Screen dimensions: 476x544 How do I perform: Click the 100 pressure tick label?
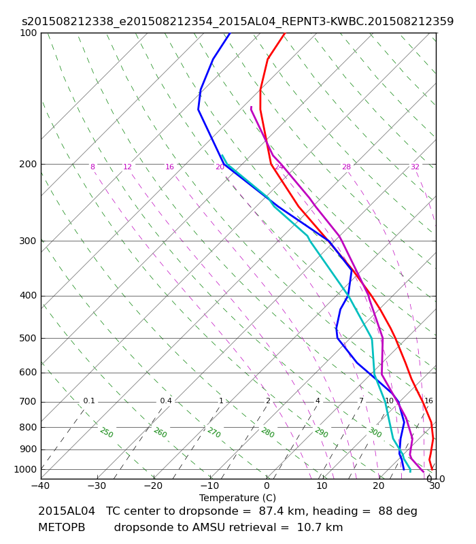tap(28, 33)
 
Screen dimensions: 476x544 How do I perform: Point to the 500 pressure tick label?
tap(28, 338)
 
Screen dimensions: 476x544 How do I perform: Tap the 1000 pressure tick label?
tap(25, 470)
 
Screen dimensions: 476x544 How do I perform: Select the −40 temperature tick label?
tap(41, 486)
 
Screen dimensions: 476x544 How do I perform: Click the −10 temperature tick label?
tap(210, 486)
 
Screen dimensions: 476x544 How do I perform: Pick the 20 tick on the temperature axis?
tap(379, 486)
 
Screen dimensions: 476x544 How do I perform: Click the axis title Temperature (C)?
tap(237, 498)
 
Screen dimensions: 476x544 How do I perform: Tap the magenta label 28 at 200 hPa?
tap(347, 167)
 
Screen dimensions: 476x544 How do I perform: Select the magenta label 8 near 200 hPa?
tap(92, 167)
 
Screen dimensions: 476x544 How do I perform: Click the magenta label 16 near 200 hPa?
tap(169, 167)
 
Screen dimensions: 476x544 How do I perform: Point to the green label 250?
tap(107, 432)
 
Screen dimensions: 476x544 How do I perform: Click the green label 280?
tap(268, 432)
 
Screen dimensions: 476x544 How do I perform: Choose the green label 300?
tap(375, 432)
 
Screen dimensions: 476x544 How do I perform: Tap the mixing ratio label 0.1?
tap(89, 401)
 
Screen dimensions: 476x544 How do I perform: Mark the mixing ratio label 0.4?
tap(166, 401)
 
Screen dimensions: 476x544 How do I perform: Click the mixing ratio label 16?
tap(429, 401)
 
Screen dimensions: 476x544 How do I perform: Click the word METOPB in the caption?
tap(62, 528)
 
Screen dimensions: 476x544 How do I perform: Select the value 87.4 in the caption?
tap(269, 511)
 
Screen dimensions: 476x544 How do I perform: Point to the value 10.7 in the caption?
tap(308, 528)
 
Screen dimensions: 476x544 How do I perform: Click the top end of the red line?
tap(284, 33)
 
